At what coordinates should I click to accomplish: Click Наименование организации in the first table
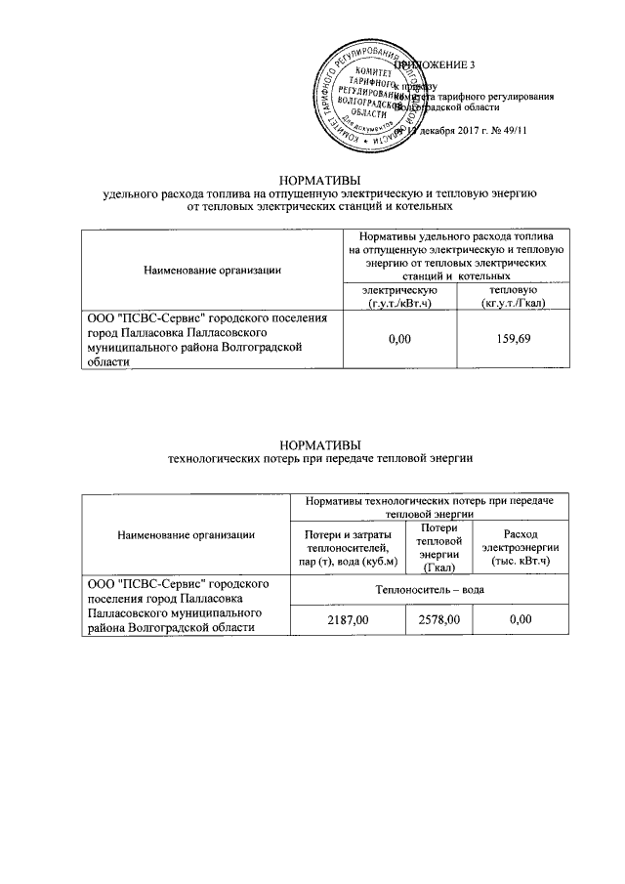click(x=212, y=270)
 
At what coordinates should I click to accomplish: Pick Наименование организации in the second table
click(x=186, y=534)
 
